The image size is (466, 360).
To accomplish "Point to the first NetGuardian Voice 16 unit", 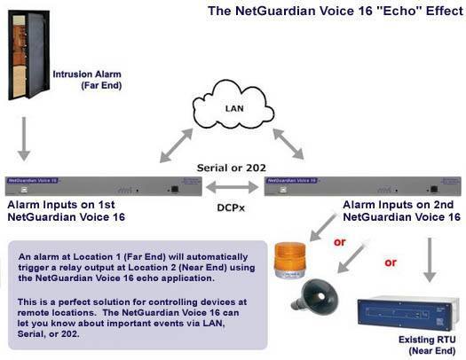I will [x=103, y=184].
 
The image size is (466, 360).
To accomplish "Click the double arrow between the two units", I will [x=233, y=187].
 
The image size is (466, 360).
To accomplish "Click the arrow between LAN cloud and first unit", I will [x=176, y=145].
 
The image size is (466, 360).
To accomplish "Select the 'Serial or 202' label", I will [x=233, y=166].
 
